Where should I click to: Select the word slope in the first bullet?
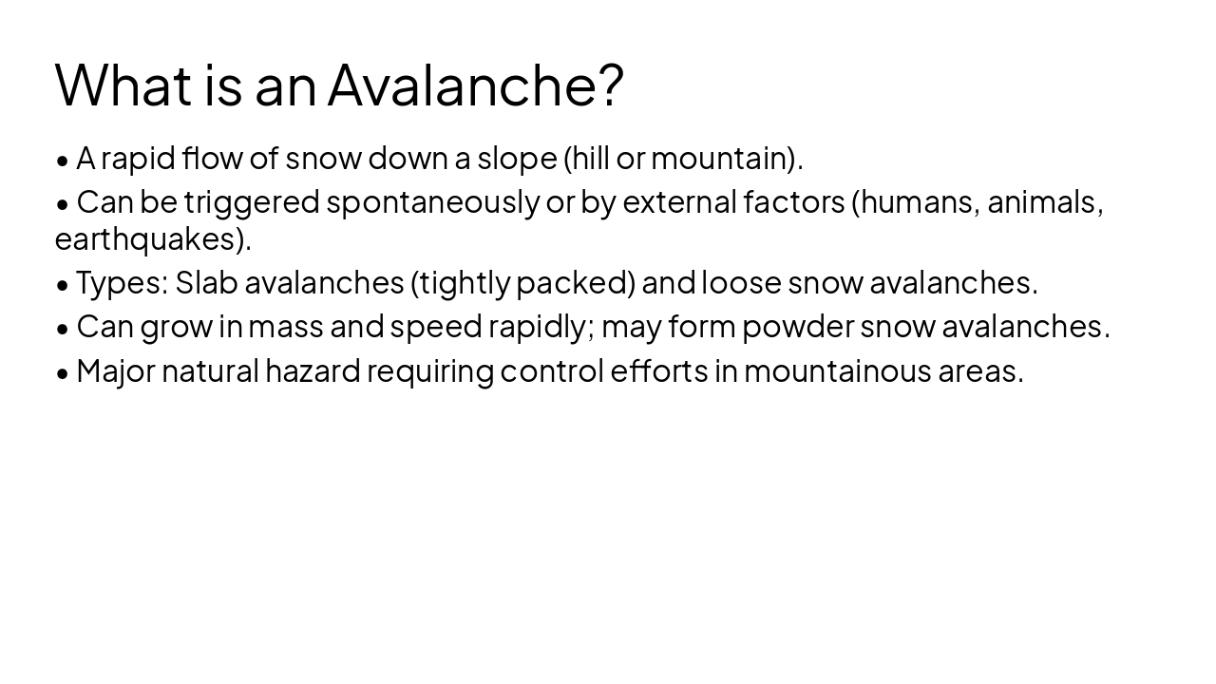click(x=517, y=159)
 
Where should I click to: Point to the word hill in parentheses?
click(x=590, y=159)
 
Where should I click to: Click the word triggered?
click(x=252, y=202)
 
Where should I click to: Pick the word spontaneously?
click(x=433, y=202)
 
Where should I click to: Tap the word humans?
click(x=919, y=202)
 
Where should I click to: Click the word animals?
click(x=1044, y=202)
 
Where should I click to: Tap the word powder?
click(x=798, y=327)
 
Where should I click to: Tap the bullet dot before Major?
click(x=63, y=372)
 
